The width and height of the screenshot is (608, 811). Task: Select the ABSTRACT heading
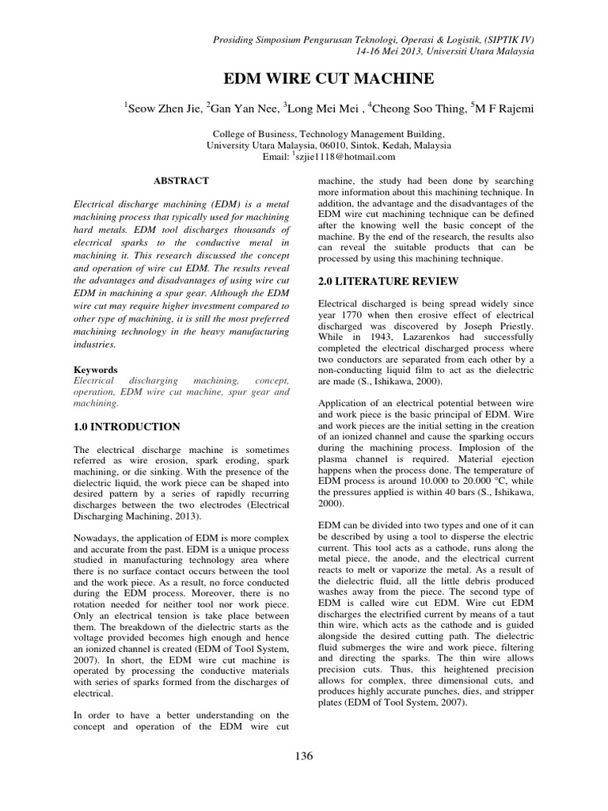[x=180, y=181]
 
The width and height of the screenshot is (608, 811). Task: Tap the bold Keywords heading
[x=96, y=370]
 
